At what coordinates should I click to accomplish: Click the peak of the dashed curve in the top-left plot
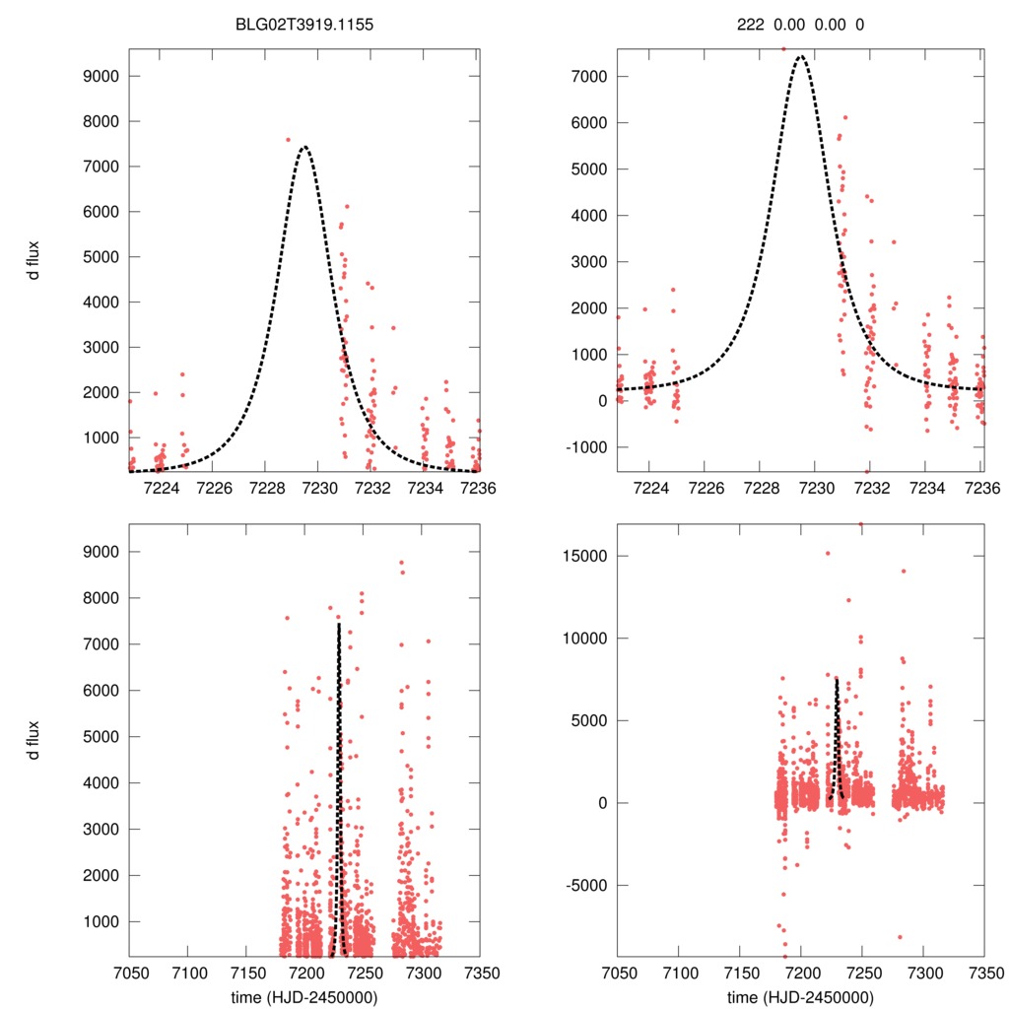[x=304, y=147]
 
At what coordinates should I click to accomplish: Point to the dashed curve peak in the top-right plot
[x=800, y=56]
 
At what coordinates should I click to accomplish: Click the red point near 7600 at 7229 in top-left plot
[x=288, y=140]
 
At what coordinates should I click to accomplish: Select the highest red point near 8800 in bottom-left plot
[x=401, y=562]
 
